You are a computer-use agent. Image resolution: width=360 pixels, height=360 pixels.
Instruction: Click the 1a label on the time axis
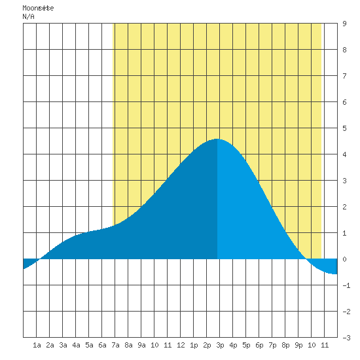click(x=37, y=345)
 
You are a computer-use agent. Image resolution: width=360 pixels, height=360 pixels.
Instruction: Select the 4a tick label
click(x=76, y=345)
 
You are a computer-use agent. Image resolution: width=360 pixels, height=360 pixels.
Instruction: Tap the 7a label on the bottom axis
click(x=115, y=345)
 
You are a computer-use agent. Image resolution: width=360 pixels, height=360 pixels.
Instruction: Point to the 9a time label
click(x=141, y=345)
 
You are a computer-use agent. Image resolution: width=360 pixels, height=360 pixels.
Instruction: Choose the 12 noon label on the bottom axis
click(x=181, y=345)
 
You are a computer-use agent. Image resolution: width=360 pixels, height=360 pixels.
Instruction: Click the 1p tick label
click(x=194, y=345)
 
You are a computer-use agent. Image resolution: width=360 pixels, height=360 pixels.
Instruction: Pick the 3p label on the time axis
click(x=220, y=345)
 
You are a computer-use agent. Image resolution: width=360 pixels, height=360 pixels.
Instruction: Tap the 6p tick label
click(x=259, y=345)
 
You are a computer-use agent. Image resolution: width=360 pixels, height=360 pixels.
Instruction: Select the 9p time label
click(x=298, y=345)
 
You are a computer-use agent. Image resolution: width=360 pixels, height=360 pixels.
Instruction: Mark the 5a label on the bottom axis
click(x=89, y=345)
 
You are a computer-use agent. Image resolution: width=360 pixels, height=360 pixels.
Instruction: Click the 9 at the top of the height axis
click(x=344, y=24)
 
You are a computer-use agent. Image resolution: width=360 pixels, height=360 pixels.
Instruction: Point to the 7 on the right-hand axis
click(x=344, y=76)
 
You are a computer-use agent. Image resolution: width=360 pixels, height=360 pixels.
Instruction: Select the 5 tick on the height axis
click(x=344, y=128)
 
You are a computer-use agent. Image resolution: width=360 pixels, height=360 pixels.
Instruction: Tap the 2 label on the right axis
click(x=344, y=207)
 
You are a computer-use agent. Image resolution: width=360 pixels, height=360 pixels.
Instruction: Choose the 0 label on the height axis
click(x=344, y=259)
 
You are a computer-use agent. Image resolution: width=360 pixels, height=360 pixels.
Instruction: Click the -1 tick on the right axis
click(x=346, y=285)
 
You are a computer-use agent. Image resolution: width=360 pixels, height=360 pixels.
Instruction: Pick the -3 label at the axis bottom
click(x=346, y=338)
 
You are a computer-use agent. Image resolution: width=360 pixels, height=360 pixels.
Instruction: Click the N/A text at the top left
click(x=28, y=16)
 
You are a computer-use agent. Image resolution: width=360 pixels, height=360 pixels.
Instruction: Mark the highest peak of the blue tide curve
click(x=216, y=139)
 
